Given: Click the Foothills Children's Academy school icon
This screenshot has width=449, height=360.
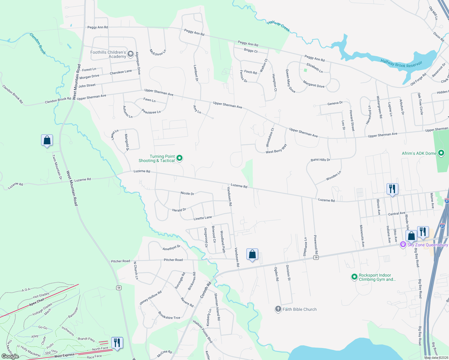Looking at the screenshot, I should point(130,54).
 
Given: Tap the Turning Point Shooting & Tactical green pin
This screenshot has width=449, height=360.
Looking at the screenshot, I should point(179,158).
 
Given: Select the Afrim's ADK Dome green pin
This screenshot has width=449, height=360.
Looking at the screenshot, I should point(441,153).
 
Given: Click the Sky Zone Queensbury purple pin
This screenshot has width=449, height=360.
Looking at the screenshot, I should point(403,245).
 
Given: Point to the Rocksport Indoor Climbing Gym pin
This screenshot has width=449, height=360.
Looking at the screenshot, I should point(354,277).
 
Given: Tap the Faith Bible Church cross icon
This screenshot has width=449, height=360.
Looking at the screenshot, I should point(278,309).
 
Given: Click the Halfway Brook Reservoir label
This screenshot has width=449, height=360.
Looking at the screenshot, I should point(401,64).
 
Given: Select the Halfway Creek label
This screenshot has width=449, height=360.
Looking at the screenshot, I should point(279,26).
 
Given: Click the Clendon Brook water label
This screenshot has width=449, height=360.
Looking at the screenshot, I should point(38,44).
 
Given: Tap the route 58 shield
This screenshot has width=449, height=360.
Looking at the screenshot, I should point(119,288).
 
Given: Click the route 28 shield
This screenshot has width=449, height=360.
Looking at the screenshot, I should point(316,257).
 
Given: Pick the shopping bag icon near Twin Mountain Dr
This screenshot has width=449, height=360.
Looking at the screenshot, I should point(47,140).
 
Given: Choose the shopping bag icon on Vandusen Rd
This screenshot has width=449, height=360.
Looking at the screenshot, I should point(252,254).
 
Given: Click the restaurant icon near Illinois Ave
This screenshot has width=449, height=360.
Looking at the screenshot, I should point(392,189).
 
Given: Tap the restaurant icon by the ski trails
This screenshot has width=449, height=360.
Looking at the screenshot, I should point(117,343).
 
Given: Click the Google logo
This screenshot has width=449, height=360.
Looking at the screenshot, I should point(10,356).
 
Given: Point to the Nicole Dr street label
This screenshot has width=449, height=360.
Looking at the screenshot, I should point(187,193).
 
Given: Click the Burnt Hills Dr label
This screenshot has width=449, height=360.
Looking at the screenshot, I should point(320,160).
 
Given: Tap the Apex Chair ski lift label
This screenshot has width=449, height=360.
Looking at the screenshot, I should point(37,302).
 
